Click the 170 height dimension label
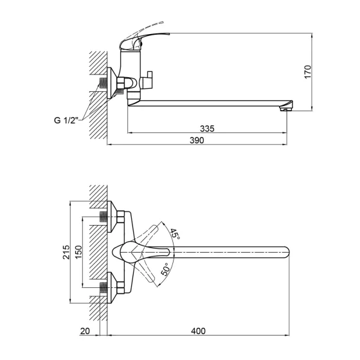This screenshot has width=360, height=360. tap(308, 71)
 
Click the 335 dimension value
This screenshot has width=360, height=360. tap(206, 129)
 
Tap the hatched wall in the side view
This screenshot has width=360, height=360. tap(96, 96)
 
